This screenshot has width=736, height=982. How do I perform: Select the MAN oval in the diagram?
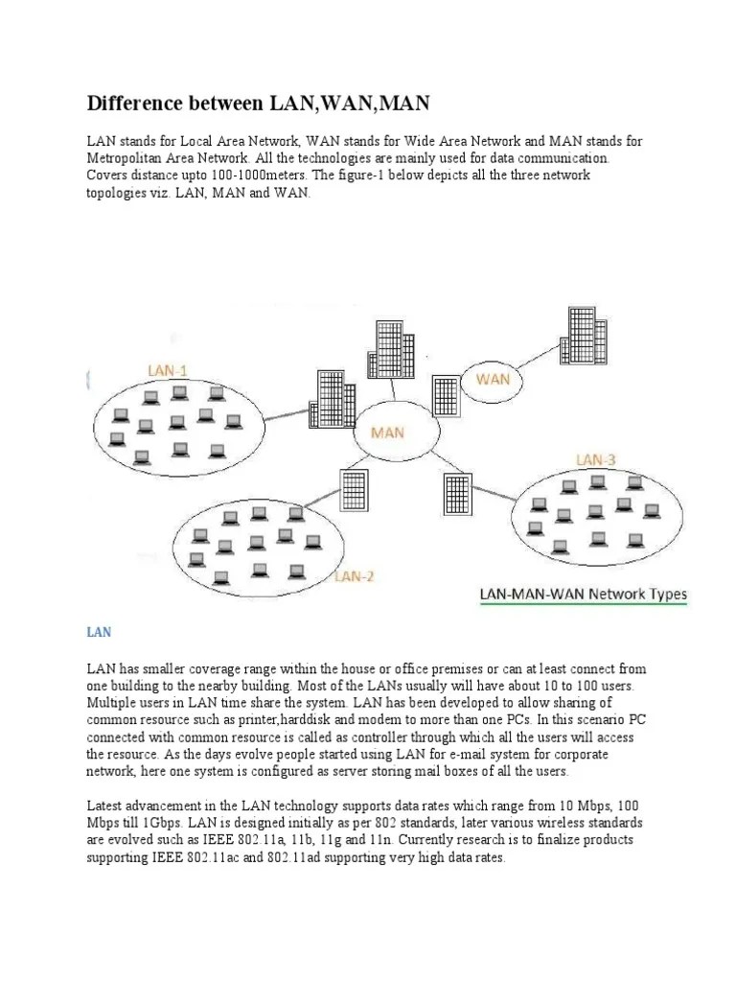pos(387,433)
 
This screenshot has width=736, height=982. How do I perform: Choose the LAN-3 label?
pos(596,460)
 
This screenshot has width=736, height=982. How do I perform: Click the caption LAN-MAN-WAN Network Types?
pos(583,595)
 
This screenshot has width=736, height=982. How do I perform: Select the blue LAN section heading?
pos(100,632)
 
